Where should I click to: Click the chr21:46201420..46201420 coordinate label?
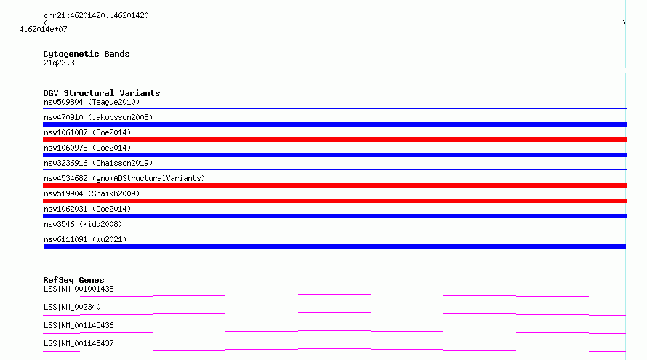tap(96, 16)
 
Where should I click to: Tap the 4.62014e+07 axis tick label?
tap(43, 29)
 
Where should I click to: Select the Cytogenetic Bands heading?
tap(87, 54)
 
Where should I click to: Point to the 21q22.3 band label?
tap(59, 63)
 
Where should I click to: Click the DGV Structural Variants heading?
tap(102, 93)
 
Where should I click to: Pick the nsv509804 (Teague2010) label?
tap(92, 102)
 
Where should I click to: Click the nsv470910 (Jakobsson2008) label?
tap(98, 117)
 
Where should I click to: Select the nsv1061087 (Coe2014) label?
tap(87, 132)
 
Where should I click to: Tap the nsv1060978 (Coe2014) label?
tap(87, 148)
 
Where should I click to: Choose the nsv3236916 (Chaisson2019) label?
tap(98, 163)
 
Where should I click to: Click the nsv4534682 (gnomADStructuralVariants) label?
tap(124, 178)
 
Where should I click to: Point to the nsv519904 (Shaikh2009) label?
tap(92, 193)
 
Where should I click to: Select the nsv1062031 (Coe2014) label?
tap(87, 209)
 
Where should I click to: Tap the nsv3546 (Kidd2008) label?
tap(83, 224)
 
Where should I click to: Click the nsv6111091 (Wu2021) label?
tap(85, 239)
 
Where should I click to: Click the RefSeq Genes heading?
tap(73, 280)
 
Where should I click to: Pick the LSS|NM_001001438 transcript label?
tap(79, 289)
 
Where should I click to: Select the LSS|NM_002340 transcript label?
tap(72, 307)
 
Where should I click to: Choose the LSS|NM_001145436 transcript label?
tap(79, 325)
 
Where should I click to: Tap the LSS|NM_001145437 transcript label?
tap(79, 343)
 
